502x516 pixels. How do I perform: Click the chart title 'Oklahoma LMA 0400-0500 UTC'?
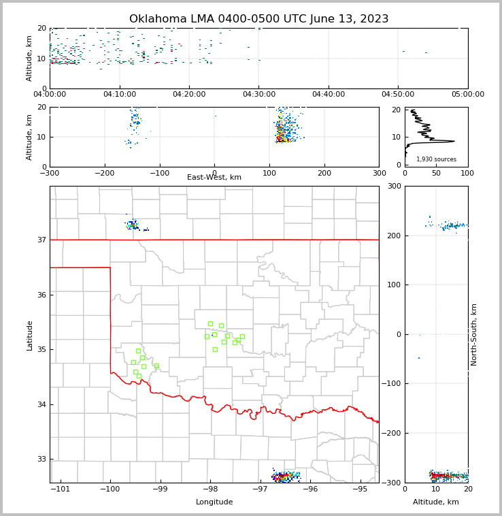point(258,19)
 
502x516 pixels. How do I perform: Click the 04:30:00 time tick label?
point(258,95)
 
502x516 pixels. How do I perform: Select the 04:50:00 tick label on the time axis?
point(398,95)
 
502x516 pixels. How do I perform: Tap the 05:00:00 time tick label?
point(467,95)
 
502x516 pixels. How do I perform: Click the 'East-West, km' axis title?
point(214,178)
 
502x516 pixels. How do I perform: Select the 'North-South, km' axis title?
point(474,334)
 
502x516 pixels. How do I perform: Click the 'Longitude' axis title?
point(214,502)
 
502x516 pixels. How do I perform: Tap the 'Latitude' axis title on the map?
point(30,335)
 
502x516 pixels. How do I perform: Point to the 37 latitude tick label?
point(41,240)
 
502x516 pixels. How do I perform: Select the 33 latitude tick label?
point(41,459)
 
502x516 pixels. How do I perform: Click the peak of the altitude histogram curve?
point(454,142)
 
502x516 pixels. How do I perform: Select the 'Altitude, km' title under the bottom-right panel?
point(436,502)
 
